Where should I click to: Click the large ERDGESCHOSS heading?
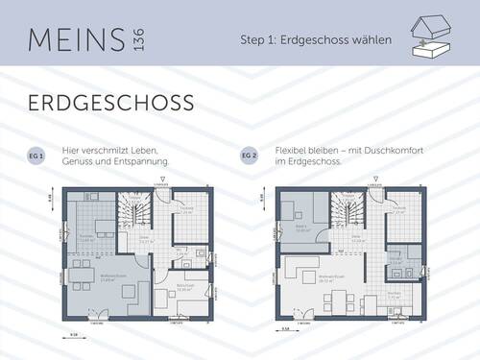pyautogui.click(x=110, y=103)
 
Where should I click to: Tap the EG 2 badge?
pyautogui.click(x=249, y=155)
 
